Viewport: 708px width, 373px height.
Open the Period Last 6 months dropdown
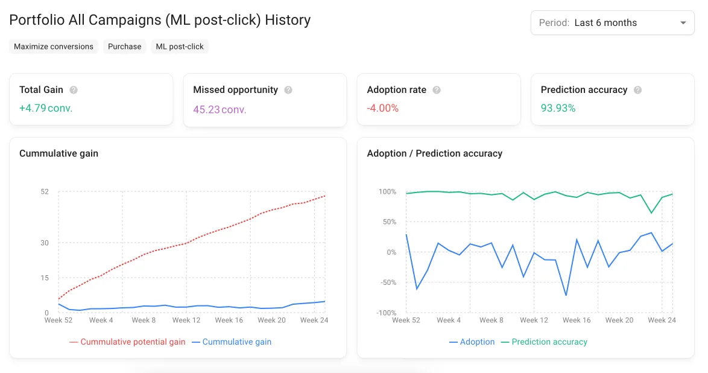612,23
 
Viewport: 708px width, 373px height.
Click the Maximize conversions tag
54,46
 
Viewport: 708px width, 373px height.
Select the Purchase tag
124,46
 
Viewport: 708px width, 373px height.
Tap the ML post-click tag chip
180,46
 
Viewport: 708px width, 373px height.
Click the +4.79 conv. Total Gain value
46,109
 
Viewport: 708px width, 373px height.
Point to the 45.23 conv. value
220,109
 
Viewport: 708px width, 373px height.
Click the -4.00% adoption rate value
383,109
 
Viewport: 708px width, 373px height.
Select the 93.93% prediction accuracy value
558,109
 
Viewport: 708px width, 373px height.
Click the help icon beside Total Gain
74,90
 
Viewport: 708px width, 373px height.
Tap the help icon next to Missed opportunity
288,90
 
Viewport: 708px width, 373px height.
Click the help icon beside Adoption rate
437,90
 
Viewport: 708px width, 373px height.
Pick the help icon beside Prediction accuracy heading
637,90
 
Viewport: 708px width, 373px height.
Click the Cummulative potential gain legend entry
128,342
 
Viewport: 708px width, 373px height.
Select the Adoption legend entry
472,342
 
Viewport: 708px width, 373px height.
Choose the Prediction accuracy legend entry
544,342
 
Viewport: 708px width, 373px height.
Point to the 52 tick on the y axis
45,192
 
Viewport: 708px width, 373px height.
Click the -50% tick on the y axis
387,282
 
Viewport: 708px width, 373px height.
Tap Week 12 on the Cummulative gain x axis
186,320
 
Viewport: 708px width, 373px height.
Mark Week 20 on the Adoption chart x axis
619,320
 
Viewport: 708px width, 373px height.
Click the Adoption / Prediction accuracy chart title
434,153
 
